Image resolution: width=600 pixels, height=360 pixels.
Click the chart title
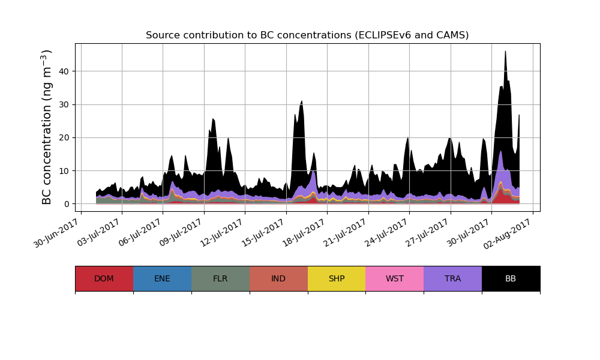[x=307, y=35]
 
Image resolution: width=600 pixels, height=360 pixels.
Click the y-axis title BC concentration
[x=47, y=127]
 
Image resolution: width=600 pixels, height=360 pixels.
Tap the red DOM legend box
[x=104, y=278]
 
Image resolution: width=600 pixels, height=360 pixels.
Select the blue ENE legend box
[x=162, y=278]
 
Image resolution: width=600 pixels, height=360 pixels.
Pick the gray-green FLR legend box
[x=220, y=278]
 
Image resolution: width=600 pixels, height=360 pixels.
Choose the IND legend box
[x=278, y=278]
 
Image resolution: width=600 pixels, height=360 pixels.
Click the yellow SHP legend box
[x=337, y=278]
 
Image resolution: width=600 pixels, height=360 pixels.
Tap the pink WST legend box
[x=395, y=278]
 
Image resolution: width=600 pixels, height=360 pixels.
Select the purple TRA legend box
[x=453, y=278]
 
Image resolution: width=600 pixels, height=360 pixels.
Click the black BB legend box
[x=511, y=278]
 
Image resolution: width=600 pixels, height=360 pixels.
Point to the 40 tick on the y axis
[x=64, y=71]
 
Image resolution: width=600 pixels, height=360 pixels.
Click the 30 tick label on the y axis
[x=64, y=104]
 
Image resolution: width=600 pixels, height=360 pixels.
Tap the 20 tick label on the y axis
[x=64, y=137]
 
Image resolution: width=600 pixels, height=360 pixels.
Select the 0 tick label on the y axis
[x=67, y=204]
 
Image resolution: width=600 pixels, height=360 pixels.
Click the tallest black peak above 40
[x=505, y=53]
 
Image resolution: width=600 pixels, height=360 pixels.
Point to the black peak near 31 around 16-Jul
[x=302, y=102]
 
